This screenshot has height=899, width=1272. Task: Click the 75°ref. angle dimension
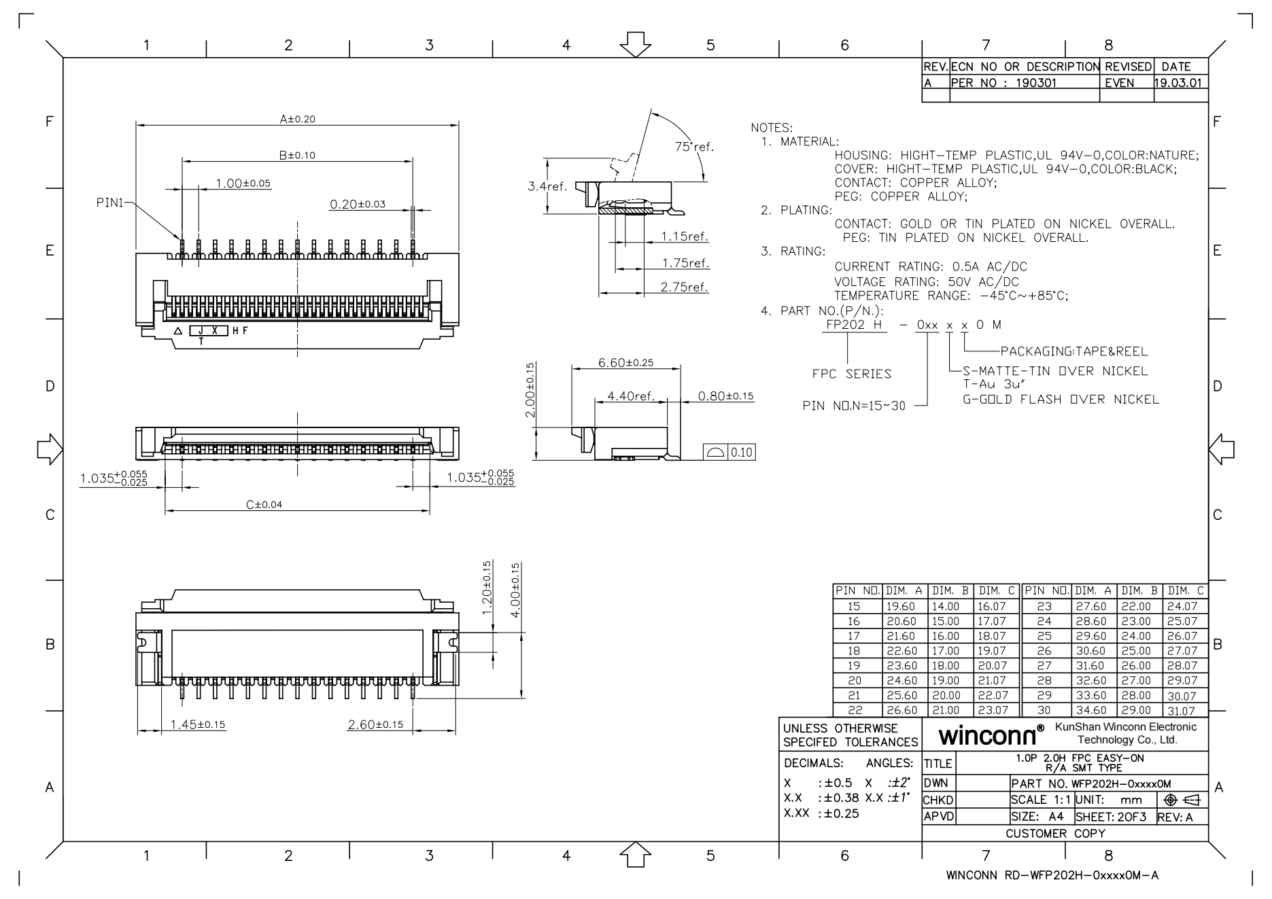pos(693,147)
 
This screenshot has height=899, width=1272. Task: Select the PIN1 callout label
pos(110,202)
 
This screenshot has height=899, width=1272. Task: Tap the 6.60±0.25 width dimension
pos(625,363)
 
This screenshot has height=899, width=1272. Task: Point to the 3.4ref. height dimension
pos(547,186)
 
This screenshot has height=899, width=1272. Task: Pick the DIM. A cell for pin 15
pos(901,606)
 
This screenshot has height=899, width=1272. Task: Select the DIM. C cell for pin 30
pos(1181,711)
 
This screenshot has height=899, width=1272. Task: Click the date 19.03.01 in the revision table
pos(1178,83)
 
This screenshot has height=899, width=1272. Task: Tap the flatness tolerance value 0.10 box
pos(741,453)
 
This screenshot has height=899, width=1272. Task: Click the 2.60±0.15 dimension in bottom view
pos(375,724)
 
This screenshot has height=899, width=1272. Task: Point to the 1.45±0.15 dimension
pos(197,724)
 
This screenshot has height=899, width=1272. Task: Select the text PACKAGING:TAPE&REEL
pos(1073,351)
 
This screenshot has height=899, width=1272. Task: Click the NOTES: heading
pos(771,128)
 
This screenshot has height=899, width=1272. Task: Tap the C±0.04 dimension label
pos(264,504)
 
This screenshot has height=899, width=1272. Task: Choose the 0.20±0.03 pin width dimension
pos(357,204)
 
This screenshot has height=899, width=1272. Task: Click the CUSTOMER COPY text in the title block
pos(1055,833)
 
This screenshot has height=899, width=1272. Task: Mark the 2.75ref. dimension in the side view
pos(684,287)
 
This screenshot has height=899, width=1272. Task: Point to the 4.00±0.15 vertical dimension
pos(515,590)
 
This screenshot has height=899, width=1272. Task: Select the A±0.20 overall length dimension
pos(297,119)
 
